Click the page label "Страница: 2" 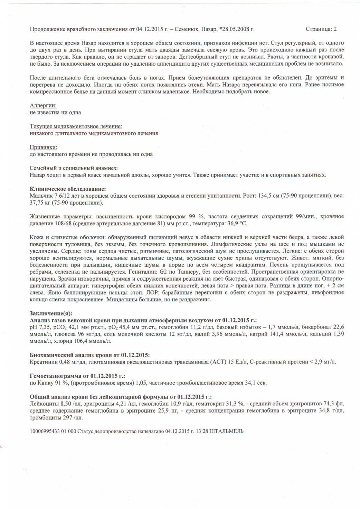tap(321, 29)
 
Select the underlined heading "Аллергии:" tap(43, 105)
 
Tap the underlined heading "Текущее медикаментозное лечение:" tap(76, 126)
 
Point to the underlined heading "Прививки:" tap(44, 147)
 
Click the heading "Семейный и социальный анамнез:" tap(74, 168)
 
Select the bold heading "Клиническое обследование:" tap(68, 189)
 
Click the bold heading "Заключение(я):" tap(51, 313)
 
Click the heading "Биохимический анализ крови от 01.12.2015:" tap(90, 355)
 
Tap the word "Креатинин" tap(42, 362)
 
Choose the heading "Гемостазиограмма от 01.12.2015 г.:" tap(77, 376)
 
